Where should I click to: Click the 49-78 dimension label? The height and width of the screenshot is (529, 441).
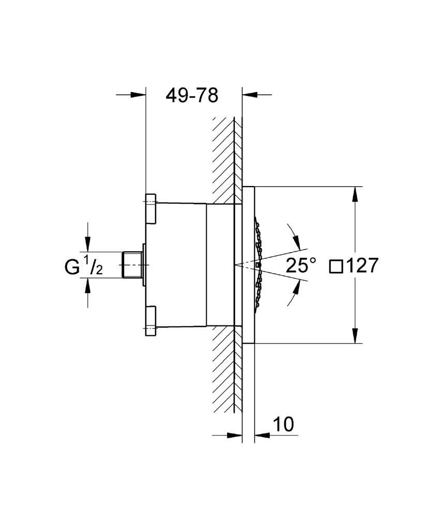(x=192, y=96)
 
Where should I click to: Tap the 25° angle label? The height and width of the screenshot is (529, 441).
(x=301, y=265)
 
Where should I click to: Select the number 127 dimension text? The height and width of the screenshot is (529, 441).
(x=362, y=266)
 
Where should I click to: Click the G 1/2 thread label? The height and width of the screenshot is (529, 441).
(x=83, y=266)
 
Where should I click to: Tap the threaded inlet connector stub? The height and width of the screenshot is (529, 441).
(x=132, y=265)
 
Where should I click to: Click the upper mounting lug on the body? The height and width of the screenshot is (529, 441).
(x=151, y=209)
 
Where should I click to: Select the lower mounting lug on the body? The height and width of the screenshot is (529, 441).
(x=151, y=321)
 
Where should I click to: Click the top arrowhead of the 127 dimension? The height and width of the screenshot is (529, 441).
(x=355, y=194)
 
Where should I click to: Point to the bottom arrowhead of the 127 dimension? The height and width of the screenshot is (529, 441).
(x=355, y=336)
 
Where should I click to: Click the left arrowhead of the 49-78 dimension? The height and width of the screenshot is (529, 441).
(x=138, y=95)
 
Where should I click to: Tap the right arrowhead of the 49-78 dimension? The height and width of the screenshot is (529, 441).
(x=250, y=95)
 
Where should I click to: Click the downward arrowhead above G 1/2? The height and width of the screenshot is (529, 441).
(x=87, y=244)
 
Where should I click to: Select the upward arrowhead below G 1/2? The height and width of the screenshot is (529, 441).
(x=87, y=286)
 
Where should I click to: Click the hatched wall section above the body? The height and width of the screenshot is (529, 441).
(x=227, y=161)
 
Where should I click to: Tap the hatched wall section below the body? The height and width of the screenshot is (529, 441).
(x=227, y=369)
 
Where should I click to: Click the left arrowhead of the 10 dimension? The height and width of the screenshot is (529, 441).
(x=235, y=435)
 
